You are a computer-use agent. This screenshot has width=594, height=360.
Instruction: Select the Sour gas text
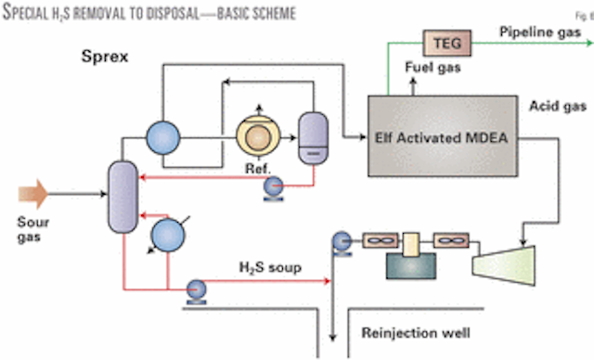pos(32,230)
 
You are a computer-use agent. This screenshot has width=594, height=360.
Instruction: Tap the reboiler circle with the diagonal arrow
pos(166,232)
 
